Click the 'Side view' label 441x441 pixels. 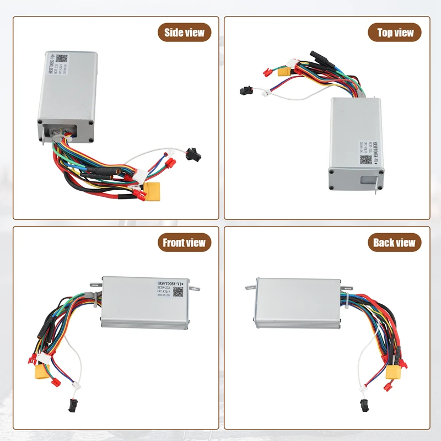pyautogui.click(x=184, y=33)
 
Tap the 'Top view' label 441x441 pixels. pyautogui.click(x=395, y=33)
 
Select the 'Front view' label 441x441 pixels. pyautogui.click(x=184, y=243)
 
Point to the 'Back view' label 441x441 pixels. pyautogui.click(x=394, y=243)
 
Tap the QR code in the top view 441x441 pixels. pyautogui.click(x=365, y=160)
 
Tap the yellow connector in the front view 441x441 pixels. pyautogui.click(x=42, y=373)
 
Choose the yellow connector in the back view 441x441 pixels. pyautogui.click(x=394, y=373)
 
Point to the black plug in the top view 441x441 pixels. pyautogui.click(x=246, y=89)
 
